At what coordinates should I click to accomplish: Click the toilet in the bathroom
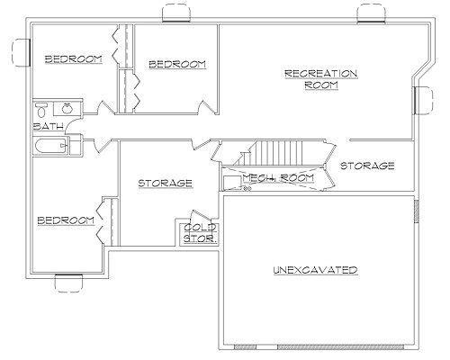(x=40, y=110)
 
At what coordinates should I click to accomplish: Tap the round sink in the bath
(x=67, y=108)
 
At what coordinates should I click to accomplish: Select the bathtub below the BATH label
(x=50, y=146)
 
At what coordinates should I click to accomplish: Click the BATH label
(x=48, y=126)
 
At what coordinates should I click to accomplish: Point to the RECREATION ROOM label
(x=321, y=79)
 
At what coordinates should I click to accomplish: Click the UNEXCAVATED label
(x=315, y=270)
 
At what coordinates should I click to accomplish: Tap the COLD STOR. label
(x=200, y=233)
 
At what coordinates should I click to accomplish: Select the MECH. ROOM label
(x=278, y=178)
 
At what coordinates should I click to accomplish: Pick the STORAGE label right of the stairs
(x=367, y=166)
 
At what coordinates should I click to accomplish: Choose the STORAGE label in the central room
(x=165, y=183)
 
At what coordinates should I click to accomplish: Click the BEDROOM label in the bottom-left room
(x=66, y=220)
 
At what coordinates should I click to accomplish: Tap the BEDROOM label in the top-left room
(x=74, y=59)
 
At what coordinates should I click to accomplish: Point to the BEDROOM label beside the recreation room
(x=177, y=65)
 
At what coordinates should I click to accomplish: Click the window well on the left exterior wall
(x=21, y=52)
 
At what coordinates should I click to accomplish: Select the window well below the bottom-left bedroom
(x=68, y=283)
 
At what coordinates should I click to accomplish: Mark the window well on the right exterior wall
(x=424, y=100)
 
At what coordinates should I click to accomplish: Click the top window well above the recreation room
(x=371, y=13)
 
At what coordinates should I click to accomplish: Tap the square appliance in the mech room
(x=232, y=182)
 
